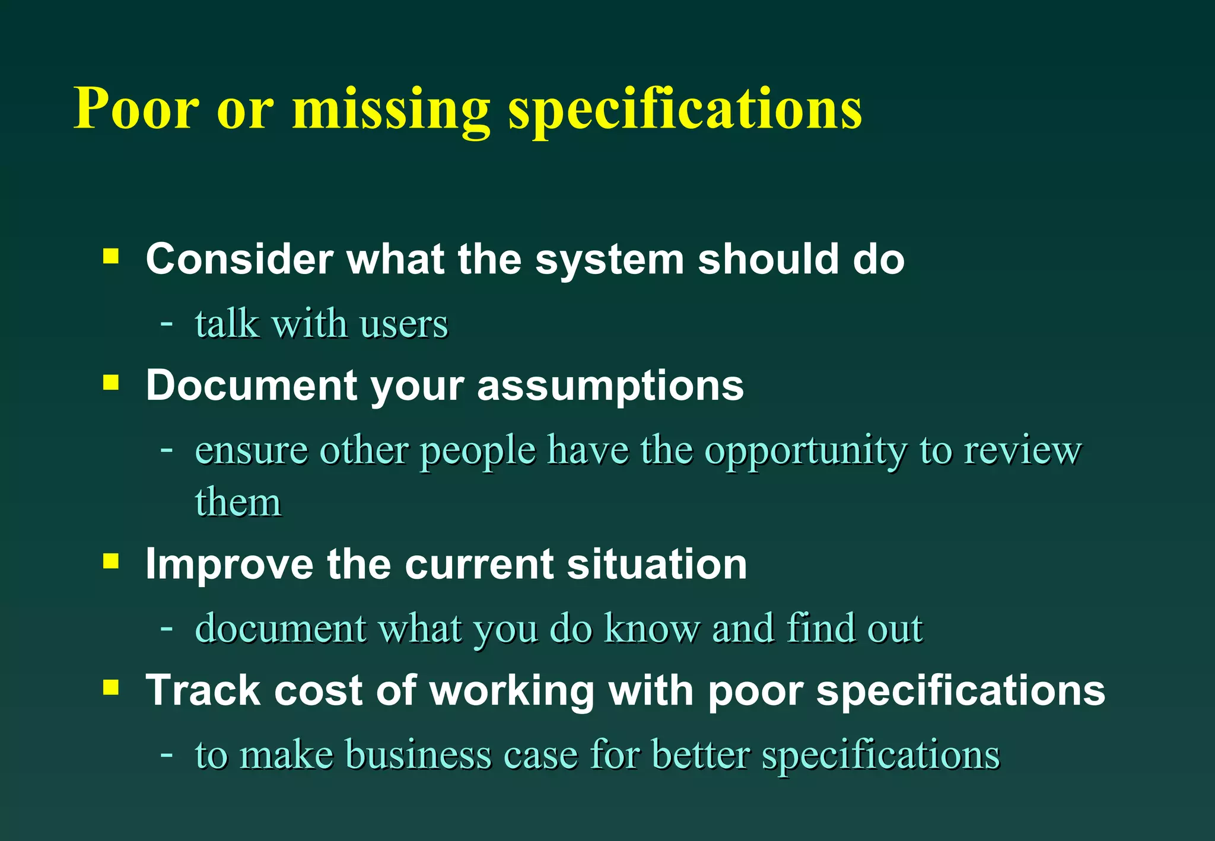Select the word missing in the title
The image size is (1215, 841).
point(391,110)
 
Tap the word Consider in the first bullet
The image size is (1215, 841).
point(240,259)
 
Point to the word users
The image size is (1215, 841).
point(403,324)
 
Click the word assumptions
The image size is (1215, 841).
point(610,386)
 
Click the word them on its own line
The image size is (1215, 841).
point(238,502)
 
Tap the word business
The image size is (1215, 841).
point(418,754)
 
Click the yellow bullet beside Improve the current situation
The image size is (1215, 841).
point(111,560)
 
